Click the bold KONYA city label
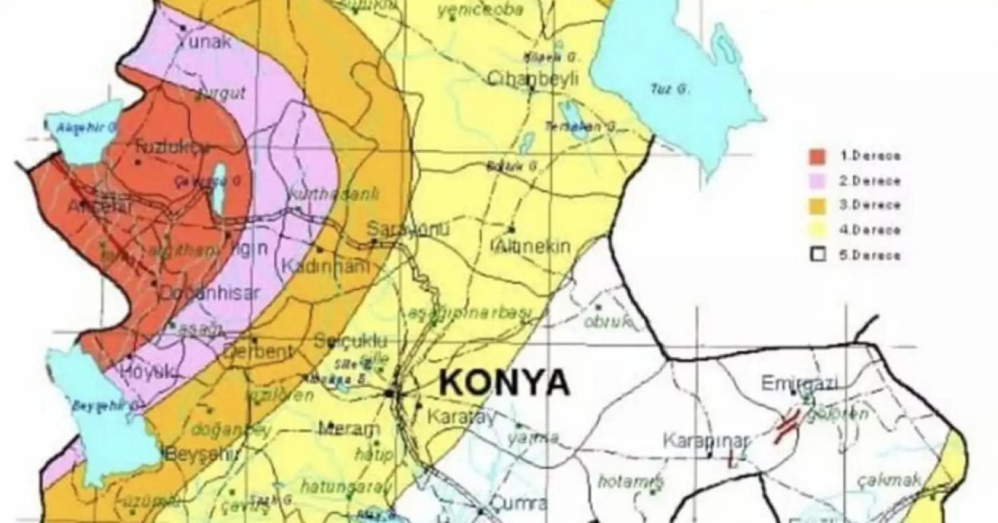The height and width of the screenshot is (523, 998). coord(504,383)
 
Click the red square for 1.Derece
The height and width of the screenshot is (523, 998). coord(818,156)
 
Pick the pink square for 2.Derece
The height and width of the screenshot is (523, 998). coord(818,180)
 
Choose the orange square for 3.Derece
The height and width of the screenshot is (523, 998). coord(818,205)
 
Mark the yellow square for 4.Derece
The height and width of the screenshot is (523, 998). coord(818,230)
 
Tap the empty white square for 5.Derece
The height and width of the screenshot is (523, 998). coord(818,255)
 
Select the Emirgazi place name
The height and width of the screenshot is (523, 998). coord(799,383)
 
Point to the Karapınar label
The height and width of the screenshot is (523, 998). coord(706,441)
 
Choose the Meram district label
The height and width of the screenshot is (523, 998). coord(349,429)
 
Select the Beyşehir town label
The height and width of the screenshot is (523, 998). coord(201,456)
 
